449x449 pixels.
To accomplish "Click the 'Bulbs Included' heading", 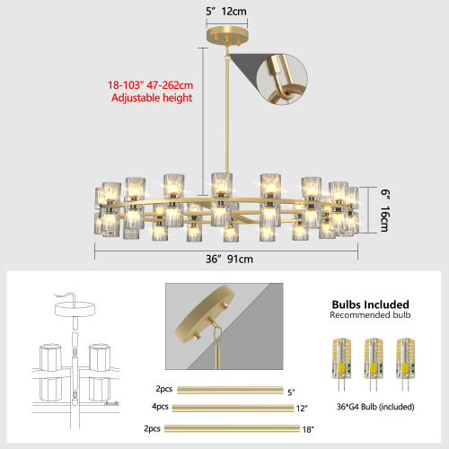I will (x=370, y=304).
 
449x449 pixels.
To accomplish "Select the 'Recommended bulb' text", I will (x=370, y=316).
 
